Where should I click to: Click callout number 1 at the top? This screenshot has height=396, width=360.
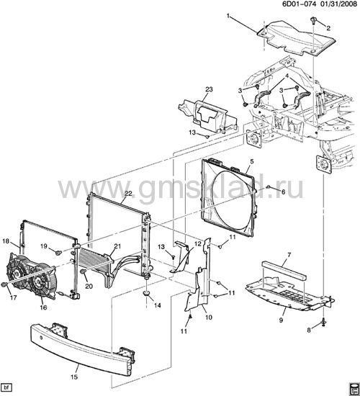pos(228,17)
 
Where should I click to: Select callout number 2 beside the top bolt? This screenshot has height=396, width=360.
pos(328,28)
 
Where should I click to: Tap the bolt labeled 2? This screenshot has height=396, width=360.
pos(313,21)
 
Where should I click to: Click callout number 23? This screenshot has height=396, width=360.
pos(209,89)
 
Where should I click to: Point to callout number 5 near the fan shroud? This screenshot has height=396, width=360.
pos(251,161)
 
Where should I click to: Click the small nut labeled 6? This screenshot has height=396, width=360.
pos(269,187)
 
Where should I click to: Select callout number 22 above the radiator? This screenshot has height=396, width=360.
pos(128,193)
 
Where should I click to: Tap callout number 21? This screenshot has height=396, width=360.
pos(117,246)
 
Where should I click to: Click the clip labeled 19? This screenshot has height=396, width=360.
pos(58,252)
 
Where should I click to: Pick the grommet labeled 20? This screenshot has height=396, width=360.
pos(83,271)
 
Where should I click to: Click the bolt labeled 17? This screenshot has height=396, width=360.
pos(4,284)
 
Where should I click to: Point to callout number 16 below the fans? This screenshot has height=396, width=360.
pos(43,307)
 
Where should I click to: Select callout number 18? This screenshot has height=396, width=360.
pos(6,241)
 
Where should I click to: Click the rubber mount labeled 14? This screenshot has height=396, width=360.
pos(146,294)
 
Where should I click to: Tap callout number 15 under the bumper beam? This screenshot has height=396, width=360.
pos(74,377)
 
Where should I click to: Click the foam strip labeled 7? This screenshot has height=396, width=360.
pos(284,271)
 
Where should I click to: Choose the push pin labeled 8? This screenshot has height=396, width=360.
pos(323,323)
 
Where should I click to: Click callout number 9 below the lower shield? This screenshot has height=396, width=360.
pos(282,320)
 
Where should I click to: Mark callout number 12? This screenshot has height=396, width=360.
pos(198,244)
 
